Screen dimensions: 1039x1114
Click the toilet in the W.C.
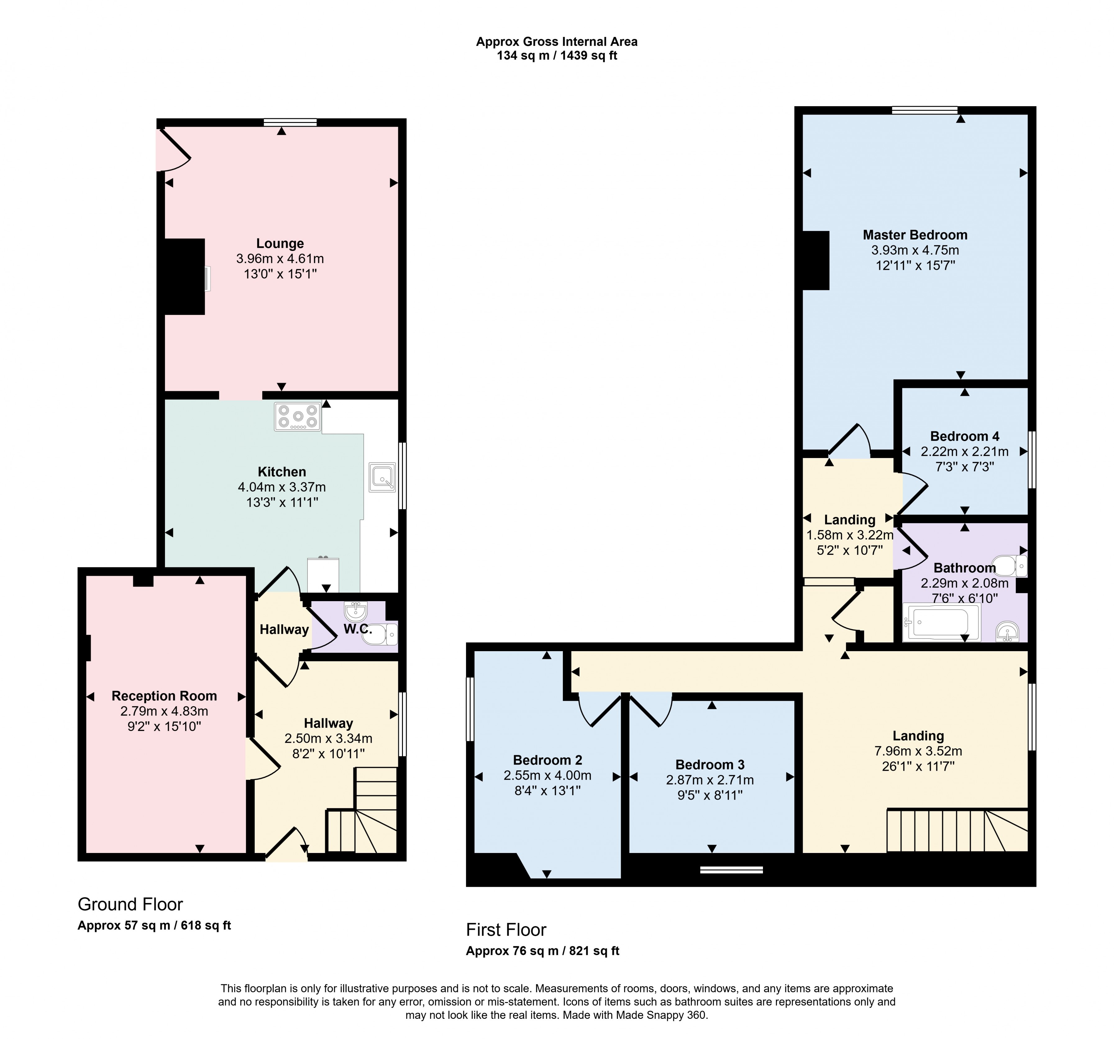coord(384,634)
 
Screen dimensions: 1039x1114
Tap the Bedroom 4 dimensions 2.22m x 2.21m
coord(964,451)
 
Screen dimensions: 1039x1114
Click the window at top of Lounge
coord(290,122)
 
